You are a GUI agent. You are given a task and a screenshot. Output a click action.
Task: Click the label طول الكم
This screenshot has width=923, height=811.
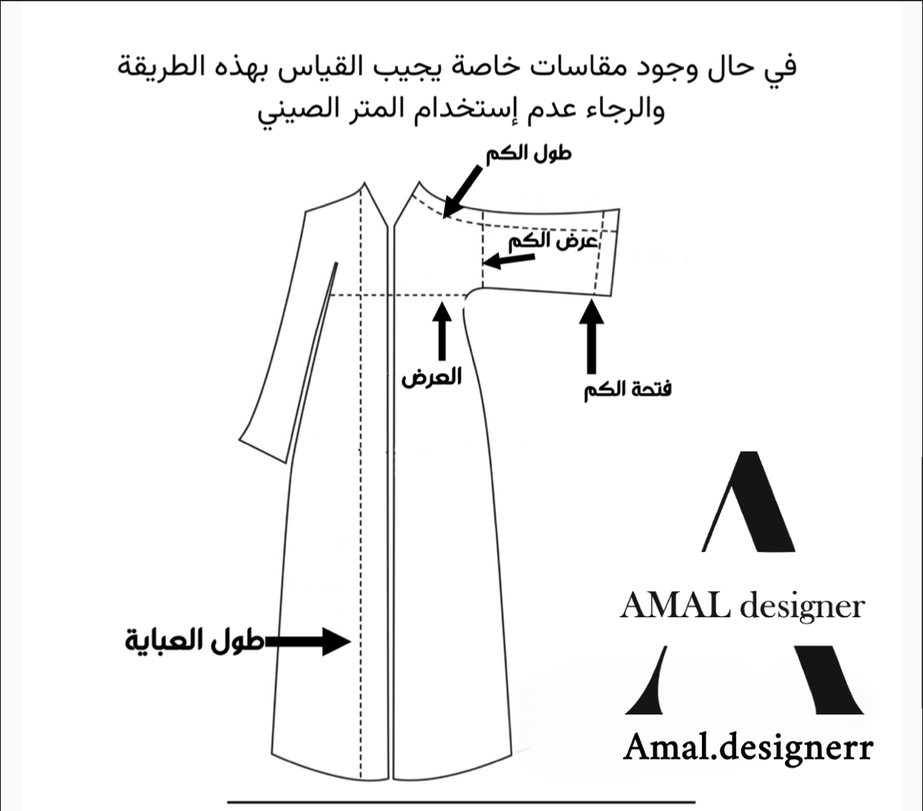(528, 154)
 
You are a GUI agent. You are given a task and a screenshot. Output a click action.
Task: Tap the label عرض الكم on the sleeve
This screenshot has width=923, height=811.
(553, 241)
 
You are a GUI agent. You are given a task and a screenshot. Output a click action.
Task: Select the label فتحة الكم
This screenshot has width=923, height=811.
(627, 389)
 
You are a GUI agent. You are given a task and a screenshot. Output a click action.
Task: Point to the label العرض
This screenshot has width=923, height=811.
(431, 377)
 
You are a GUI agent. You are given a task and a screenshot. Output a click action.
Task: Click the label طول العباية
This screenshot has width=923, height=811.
(194, 641)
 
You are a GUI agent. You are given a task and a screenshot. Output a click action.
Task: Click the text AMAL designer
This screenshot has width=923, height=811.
(742, 607)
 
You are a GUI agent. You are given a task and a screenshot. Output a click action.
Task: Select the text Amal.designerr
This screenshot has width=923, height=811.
(748, 746)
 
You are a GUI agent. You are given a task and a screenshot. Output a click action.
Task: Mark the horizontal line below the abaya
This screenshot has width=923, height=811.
(460, 802)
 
